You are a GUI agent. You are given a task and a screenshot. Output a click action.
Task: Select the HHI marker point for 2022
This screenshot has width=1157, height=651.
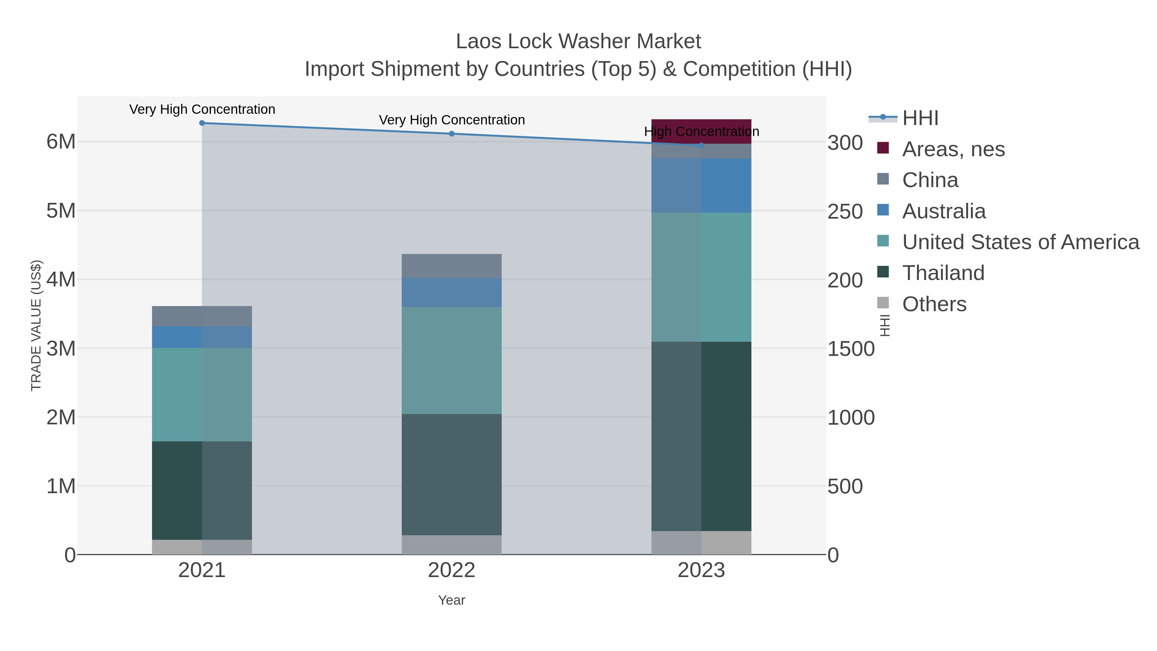[x=452, y=134]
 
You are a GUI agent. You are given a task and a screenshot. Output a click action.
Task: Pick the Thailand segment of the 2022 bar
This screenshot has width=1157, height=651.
[x=452, y=475]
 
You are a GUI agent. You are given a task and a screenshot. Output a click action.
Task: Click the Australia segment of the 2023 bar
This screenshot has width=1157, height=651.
[x=701, y=185]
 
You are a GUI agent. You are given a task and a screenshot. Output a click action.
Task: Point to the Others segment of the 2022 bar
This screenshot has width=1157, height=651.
[x=452, y=545]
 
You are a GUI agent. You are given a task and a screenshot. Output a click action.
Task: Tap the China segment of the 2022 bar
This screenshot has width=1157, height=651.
[x=452, y=266]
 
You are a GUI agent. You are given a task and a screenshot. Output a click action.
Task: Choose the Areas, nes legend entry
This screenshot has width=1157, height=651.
[x=953, y=149]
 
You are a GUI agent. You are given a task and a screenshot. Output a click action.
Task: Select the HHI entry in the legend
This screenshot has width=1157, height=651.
[x=920, y=118]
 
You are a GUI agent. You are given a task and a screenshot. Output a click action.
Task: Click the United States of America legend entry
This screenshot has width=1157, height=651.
[x=1020, y=242]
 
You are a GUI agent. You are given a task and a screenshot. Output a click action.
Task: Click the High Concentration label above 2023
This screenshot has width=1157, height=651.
[x=701, y=131]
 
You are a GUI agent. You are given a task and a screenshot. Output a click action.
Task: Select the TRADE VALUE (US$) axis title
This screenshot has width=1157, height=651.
[x=36, y=325]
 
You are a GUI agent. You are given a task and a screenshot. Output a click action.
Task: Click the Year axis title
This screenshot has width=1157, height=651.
[x=452, y=600]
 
